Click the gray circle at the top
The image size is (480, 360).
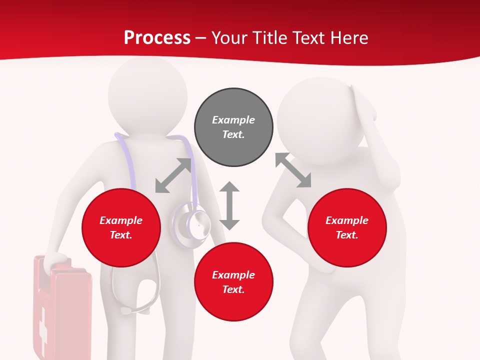(233, 127)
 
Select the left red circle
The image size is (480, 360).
(121, 227)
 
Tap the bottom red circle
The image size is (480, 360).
(233, 282)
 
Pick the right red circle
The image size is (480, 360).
(347, 227)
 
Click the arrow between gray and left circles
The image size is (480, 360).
(173, 175)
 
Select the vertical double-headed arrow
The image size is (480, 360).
(229, 205)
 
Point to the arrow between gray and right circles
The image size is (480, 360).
(293, 170)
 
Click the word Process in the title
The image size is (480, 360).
(157, 37)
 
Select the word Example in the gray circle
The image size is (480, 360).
(233, 120)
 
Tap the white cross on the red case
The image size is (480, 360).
(43, 325)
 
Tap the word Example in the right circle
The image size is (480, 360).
(347, 220)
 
